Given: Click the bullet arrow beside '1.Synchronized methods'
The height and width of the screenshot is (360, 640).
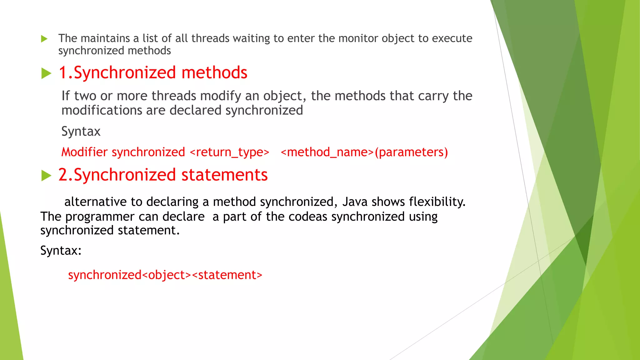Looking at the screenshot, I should (46, 73).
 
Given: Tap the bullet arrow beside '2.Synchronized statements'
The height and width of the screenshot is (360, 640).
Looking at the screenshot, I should (46, 176).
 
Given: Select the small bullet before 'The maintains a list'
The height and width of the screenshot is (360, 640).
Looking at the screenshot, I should (44, 39).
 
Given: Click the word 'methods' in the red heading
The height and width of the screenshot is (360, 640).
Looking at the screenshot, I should (214, 72).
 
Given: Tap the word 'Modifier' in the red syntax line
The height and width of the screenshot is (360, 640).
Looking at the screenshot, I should (84, 152).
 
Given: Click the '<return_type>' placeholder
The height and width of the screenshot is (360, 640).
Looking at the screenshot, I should (229, 152).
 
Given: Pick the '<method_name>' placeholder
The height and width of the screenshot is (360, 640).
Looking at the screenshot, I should (327, 152).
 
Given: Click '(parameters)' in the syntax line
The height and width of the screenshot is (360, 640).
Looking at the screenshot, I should (411, 152).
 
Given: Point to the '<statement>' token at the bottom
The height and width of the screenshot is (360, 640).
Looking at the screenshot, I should (227, 275).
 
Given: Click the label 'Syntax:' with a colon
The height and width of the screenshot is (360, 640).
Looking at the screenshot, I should (61, 251).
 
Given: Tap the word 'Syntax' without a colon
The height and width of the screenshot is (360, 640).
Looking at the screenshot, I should (81, 131).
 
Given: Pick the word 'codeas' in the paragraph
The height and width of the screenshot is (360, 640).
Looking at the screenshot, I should (308, 217).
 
